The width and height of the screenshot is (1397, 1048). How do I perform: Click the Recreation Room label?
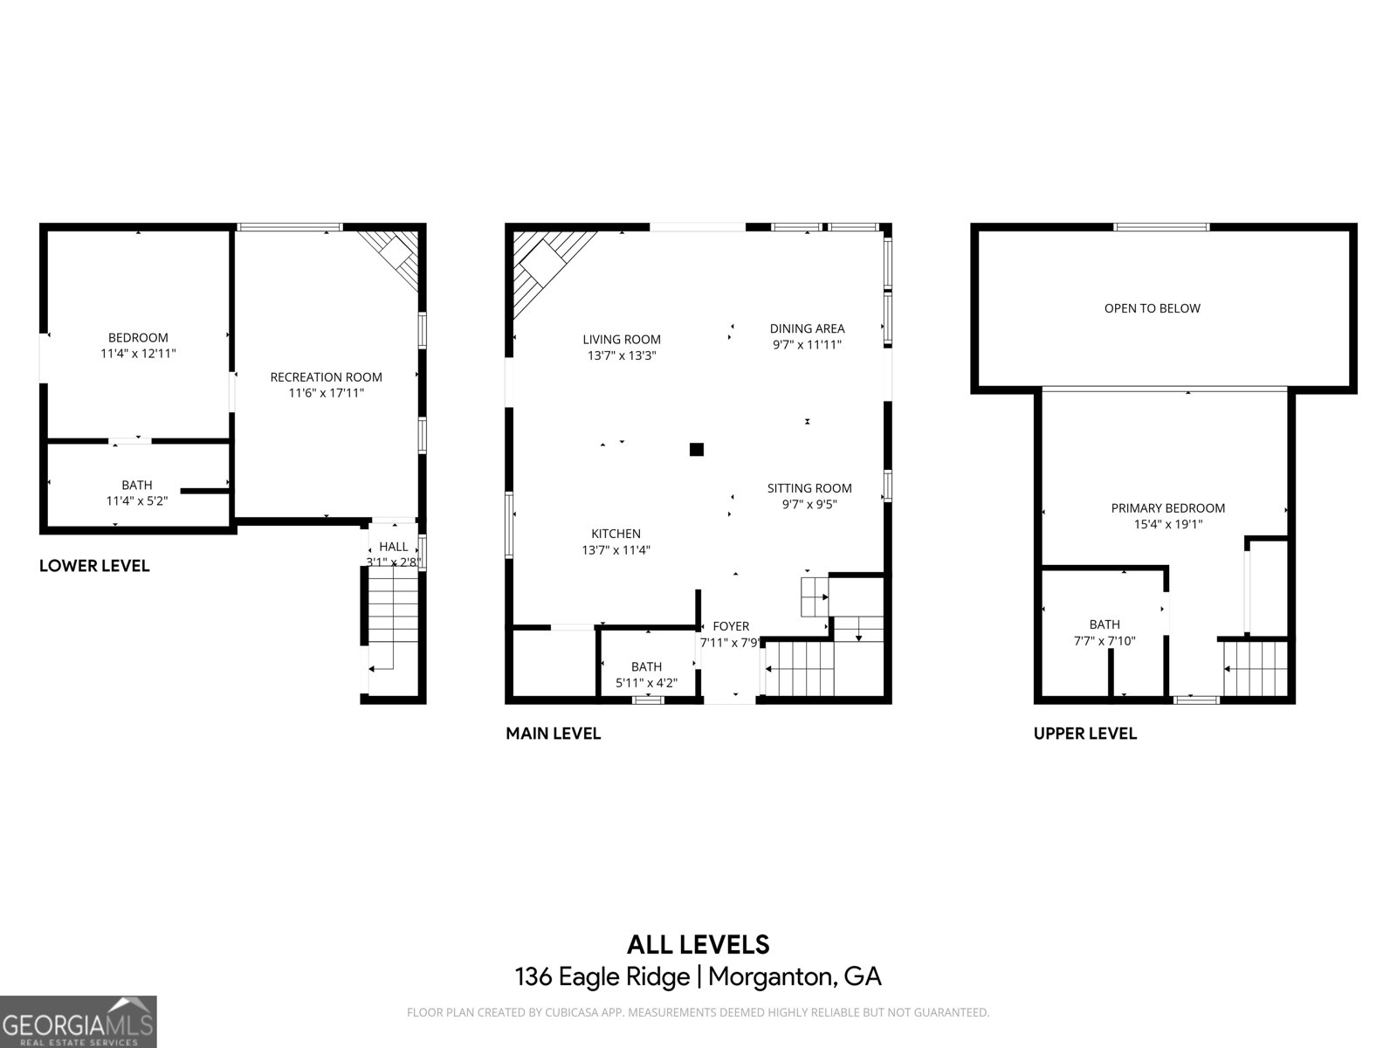[x=326, y=377]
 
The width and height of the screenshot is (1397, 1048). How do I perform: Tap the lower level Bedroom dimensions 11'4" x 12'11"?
[x=138, y=354]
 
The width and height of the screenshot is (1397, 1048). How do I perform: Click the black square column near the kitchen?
[x=696, y=450]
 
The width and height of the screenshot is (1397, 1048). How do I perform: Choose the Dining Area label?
[x=807, y=328]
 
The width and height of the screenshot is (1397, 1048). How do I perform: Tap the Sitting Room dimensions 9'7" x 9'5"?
[x=809, y=504]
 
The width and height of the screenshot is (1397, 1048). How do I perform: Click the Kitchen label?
[x=616, y=534]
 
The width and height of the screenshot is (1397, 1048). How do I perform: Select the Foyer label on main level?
[x=731, y=626]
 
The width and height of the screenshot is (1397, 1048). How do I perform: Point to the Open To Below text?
[x=1152, y=308]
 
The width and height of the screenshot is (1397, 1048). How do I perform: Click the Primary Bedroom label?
[x=1167, y=508]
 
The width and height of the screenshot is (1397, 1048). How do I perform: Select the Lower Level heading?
[x=94, y=566]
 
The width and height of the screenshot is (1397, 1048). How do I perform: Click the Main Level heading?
[x=553, y=734]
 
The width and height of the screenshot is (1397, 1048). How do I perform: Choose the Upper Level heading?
[x=1084, y=734]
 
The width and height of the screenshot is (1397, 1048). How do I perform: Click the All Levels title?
[x=698, y=944]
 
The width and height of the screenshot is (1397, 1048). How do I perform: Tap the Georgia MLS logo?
[x=78, y=1022]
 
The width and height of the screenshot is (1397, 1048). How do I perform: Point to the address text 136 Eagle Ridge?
[x=602, y=976]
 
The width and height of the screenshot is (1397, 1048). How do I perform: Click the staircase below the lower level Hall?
[x=394, y=624]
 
